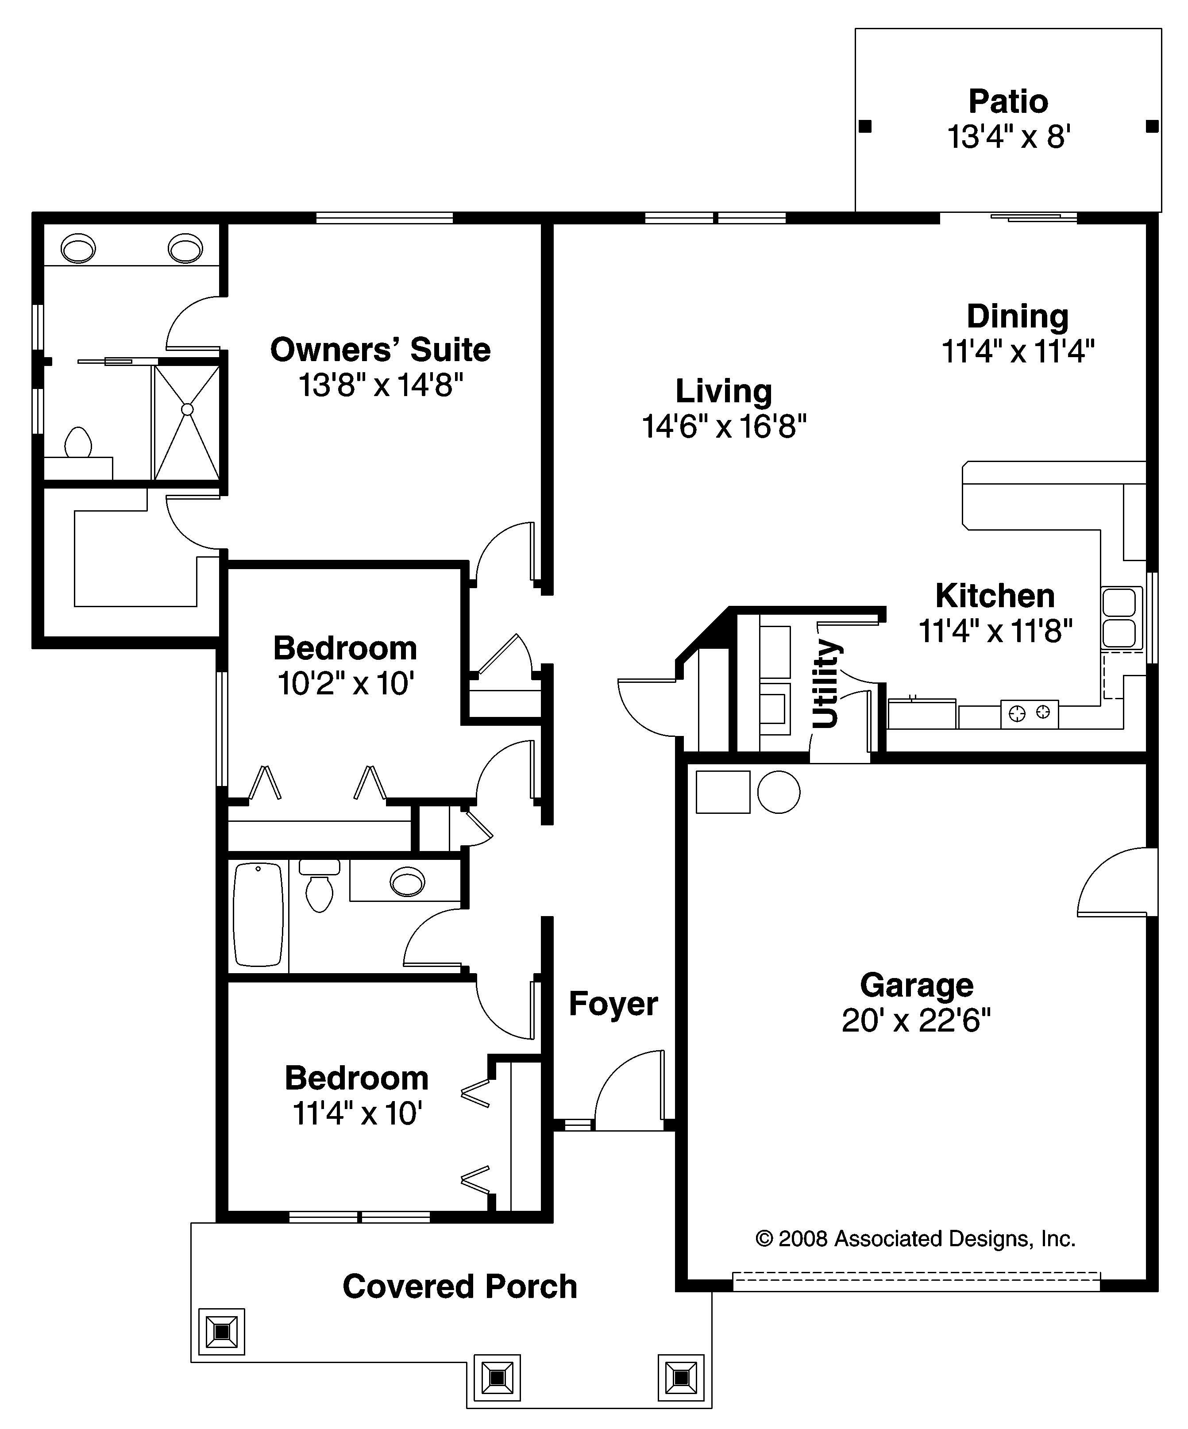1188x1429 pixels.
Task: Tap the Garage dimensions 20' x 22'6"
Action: click(x=916, y=1021)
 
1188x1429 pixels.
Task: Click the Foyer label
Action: click(x=613, y=1004)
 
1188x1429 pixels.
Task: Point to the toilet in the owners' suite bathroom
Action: click(x=78, y=443)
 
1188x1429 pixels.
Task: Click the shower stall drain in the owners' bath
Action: click(x=187, y=409)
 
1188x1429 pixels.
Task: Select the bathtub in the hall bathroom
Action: click(x=258, y=914)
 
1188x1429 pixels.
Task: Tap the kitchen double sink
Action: click(x=1119, y=618)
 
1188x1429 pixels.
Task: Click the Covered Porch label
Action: click(x=460, y=1286)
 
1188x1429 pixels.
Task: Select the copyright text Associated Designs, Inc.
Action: click(x=915, y=1238)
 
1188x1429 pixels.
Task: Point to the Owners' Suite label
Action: click(x=380, y=350)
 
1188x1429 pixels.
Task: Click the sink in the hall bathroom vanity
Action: click(x=408, y=882)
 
